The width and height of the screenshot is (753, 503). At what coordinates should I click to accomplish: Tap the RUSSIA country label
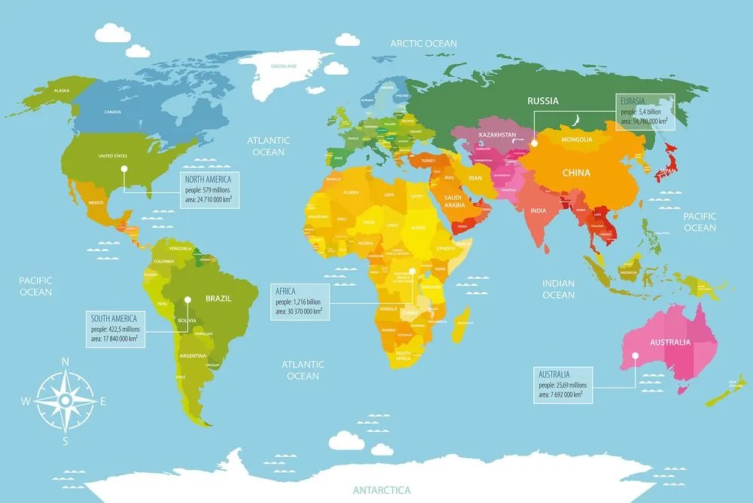pyautogui.click(x=542, y=101)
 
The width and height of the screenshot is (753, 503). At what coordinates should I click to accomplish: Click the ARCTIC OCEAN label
pyautogui.click(x=423, y=44)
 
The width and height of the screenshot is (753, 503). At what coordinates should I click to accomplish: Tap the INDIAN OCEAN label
pyautogui.click(x=558, y=289)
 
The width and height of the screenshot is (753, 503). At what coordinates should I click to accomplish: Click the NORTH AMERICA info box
pyautogui.click(x=209, y=189)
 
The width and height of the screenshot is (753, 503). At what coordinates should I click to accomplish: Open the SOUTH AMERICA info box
pyautogui.click(x=115, y=328)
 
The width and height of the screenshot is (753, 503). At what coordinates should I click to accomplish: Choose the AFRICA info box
pyautogui.click(x=300, y=300)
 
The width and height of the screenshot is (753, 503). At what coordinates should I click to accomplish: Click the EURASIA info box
pyautogui.click(x=645, y=111)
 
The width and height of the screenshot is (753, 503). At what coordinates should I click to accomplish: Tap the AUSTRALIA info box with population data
pyautogui.click(x=563, y=384)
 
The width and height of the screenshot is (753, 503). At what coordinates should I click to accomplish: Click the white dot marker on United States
pyautogui.click(x=124, y=168)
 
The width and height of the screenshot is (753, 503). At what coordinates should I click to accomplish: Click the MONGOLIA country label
pyautogui.click(x=578, y=140)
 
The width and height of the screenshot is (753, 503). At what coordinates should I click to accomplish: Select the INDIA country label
pyautogui.click(x=538, y=210)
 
